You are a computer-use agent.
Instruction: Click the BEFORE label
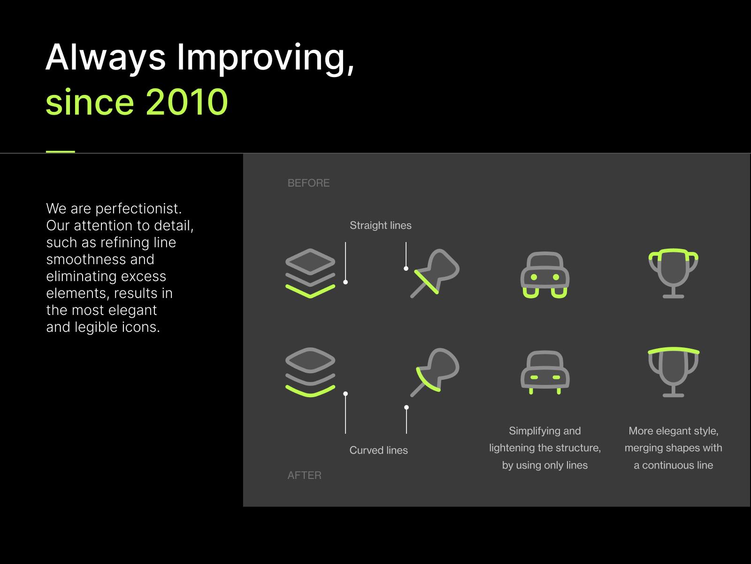308,183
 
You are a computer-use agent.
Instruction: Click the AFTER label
304,475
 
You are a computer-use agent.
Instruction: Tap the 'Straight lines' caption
381,225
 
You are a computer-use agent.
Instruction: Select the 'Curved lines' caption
378,450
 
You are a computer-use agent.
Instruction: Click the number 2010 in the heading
187,102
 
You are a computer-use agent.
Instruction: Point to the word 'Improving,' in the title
265,58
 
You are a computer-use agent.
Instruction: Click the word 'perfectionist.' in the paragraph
138,209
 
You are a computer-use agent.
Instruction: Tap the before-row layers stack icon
310,273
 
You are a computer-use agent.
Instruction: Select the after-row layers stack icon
310,372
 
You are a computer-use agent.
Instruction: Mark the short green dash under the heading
61,151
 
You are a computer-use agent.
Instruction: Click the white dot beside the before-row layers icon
345,282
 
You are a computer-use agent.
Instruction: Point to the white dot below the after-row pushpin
406,407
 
